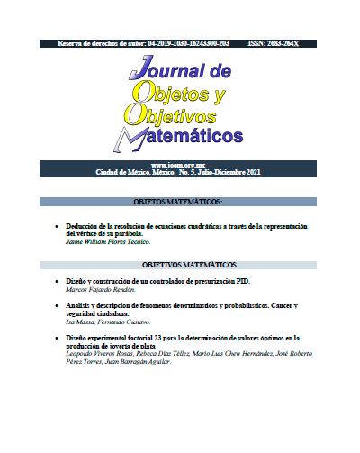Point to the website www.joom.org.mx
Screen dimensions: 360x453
(x=179, y=165)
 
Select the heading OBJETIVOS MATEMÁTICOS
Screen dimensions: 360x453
(x=189, y=266)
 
